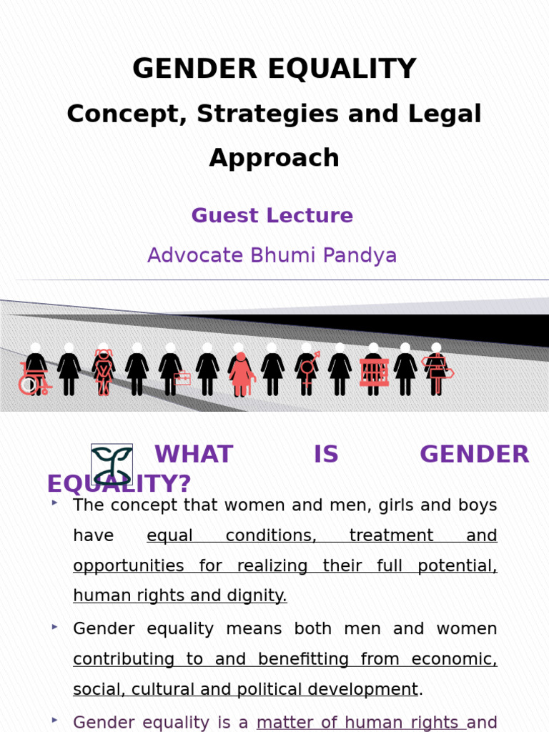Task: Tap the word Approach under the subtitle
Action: coord(274,157)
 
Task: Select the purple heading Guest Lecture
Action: coord(272,215)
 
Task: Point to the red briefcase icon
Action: coord(182,379)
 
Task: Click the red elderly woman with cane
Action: coord(241,374)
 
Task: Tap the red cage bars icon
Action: coord(374,372)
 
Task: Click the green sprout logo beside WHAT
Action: coord(112,464)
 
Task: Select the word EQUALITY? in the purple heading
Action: coord(119,484)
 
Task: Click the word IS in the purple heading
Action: coord(326,455)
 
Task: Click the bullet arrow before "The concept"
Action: coord(55,503)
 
